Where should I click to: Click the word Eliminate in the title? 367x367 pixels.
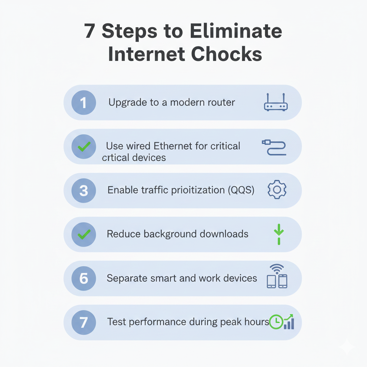click(x=235, y=32)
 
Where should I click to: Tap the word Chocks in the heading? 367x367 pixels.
click(x=226, y=54)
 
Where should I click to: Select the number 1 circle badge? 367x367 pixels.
click(x=84, y=103)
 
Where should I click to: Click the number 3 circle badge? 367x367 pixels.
click(x=84, y=190)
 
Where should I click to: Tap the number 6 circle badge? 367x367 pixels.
click(x=84, y=278)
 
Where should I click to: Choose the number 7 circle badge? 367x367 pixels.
click(x=84, y=322)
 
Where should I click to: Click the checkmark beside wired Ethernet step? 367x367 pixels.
click(x=84, y=147)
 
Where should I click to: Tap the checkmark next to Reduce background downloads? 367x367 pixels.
click(x=84, y=234)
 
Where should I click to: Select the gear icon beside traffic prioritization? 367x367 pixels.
click(x=277, y=190)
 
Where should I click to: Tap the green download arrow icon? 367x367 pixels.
click(x=278, y=234)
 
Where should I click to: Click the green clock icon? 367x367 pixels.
click(x=276, y=322)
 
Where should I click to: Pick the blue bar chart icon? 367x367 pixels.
click(x=289, y=323)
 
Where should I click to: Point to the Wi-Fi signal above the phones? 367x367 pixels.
click(x=277, y=268)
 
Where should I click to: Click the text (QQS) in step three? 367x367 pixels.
click(x=241, y=190)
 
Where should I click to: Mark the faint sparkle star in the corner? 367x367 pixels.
click(x=347, y=346)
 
